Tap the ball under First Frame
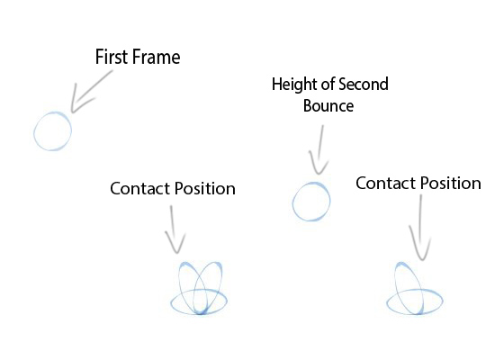coord(52,132)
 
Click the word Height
coord(292,86)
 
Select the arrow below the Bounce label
coord(318,150)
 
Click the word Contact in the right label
coord(383,184)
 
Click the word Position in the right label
coord(448,184)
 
